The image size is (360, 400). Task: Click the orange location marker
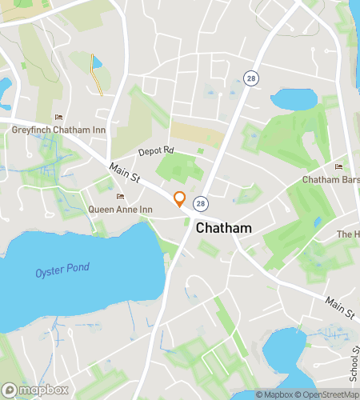click(x=180, y=199)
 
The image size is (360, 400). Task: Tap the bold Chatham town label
click(x=223, y=228)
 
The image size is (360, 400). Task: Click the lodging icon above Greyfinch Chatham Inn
click(x=58, y=118)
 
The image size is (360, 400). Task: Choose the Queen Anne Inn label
click(x=120, y=210)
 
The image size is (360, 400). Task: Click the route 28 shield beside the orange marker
click(x=199, y=203)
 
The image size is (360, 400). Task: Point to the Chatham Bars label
click(x=330, y=180)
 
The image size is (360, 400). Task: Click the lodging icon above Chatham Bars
click(x=338, y=167)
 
